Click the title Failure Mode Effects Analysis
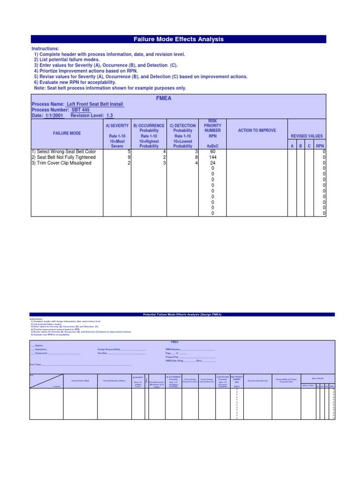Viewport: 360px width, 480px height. click(x=179, y=39)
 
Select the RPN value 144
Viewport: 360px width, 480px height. click(x=212, y=157)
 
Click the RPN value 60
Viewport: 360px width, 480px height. click(x=212, y=152)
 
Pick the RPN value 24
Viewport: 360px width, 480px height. click(x=212, y=163)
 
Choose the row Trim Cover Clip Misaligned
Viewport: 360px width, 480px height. click(x=61, y=163)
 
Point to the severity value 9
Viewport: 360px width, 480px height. click(x=128, y=157)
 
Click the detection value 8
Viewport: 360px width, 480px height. click(x=196, y=157)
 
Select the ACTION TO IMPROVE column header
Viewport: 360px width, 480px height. click(x=257, y=130)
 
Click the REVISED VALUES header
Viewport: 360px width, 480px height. click(x=307, y=136)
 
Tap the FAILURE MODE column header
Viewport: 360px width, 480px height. click(x=67, y=133)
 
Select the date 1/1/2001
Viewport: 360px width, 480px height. click(x=54, y=115)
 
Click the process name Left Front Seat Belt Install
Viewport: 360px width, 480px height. click(x=95, y=104)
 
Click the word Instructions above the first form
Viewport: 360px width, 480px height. click(x=45, y=49)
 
